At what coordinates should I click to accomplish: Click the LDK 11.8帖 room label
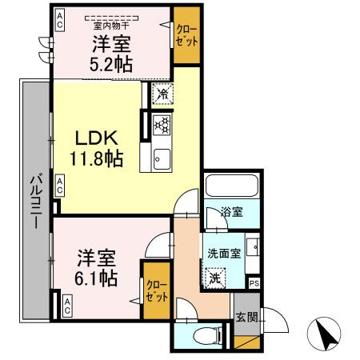click(94, 147)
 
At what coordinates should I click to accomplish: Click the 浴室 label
click(231, 213)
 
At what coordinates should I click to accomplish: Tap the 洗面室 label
click(223, 253)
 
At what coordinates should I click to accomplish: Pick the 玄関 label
click(246, 317)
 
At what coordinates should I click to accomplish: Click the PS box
click(254, 283)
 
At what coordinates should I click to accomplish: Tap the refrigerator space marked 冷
click(162, 93)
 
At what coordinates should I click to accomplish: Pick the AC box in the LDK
click(60, 185)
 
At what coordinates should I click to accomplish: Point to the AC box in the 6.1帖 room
click(67, 305)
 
